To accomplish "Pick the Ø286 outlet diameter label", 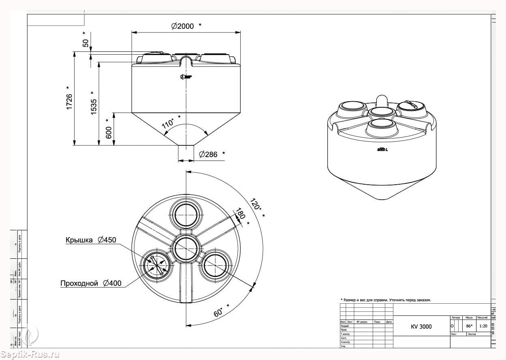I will (x=208, y=154).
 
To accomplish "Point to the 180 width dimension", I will (x=241, y=213).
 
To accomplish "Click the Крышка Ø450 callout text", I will (x=91, y=240).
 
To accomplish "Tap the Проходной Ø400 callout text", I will (x=91, y=283).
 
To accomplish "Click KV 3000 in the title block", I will (x=421, y=327).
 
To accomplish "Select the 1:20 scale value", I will (x=483, y=326).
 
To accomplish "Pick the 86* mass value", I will (x=469, y=326).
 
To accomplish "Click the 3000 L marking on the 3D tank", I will (x=382, y=150).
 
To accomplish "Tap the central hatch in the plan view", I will (x=186, y=248).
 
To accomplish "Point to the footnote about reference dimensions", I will (x=386, y=300).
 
